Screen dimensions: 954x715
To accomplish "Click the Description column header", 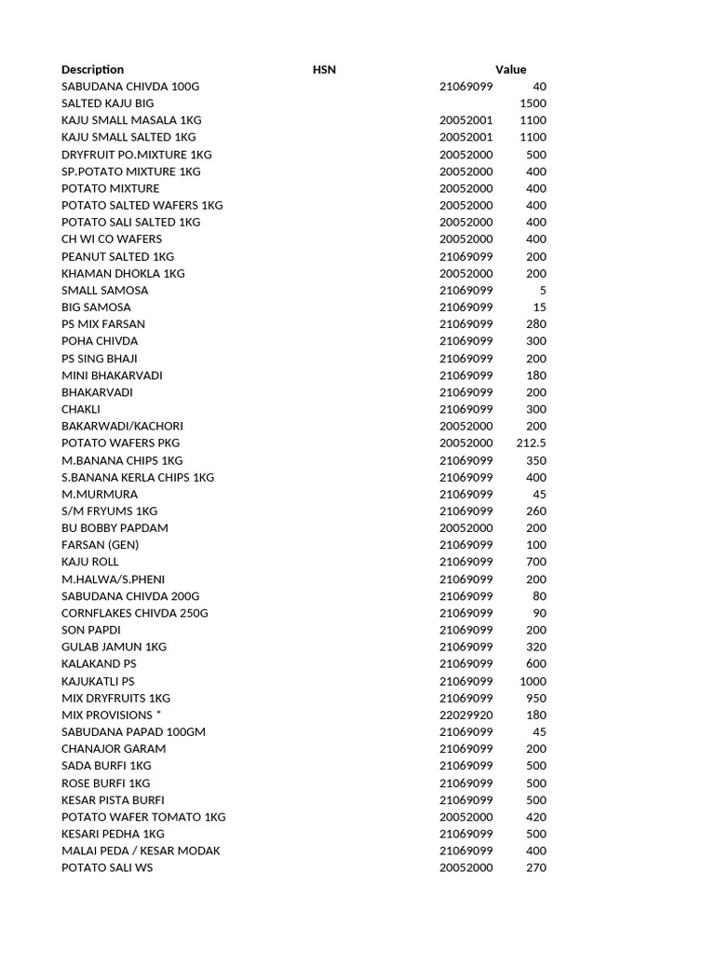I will pyautogui.click(x=92, y=70).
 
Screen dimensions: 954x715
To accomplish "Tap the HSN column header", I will pyautogui.click(x=324, y=70).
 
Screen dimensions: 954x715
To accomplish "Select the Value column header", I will pyautogui.click(x=510, y=70).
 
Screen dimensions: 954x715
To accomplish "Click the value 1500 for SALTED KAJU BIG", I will pyautogui.click(x=533, y=103).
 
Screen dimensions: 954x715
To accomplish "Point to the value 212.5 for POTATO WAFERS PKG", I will pyautogui.click(x=531, y=443).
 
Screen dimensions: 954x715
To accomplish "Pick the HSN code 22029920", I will pyautogui.click(x=465, y=715).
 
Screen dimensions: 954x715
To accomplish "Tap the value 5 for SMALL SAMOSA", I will pyautogui.click(x=543, y=291).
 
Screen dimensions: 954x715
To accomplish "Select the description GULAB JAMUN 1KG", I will pyautogui.click(x=114, y=647).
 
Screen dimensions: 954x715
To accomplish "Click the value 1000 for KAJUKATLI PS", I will pyautogui.click(x=533, y=682).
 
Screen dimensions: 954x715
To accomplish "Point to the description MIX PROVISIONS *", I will pyautogui.click(x=111, y=715).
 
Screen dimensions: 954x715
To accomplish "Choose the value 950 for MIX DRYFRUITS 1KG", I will pyautogui.click(x=536, y=699).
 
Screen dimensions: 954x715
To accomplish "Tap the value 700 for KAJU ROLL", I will pyautogui.click(x=536, y=563).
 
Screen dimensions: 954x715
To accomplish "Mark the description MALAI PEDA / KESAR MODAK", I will pyautogui.click(x=141, y=852).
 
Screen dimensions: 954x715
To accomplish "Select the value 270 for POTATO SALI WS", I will pyautogui.click(x=536, y=868).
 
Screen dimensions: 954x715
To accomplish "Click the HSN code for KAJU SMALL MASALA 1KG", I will pyautogui.click(x=465, y=121).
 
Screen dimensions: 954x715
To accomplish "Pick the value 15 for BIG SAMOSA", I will pyautogui.click(x=540, y=307).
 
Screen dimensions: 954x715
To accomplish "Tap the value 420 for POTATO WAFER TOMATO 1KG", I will pyautogui.click(x=536, y=818).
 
